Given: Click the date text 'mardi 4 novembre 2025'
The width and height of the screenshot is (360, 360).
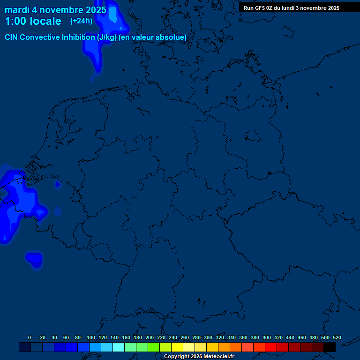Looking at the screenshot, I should click(55, 10).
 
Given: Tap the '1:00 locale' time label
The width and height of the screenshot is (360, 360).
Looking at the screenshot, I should click(33, 21).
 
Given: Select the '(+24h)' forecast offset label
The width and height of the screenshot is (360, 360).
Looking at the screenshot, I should click(81, 21).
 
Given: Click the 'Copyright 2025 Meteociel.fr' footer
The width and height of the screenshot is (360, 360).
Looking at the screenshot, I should click(199, 356).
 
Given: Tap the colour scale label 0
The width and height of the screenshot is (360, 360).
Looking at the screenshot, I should click(30, 337).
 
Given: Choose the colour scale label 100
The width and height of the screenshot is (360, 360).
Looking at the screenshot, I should click(91, 337).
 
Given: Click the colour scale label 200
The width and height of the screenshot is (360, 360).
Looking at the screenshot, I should click(150, 337).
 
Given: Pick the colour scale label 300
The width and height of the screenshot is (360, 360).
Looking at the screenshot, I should click(208, 337).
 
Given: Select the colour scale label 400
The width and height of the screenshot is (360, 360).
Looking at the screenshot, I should click(267, 337).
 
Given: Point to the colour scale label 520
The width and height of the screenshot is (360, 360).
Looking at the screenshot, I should click(337, 337).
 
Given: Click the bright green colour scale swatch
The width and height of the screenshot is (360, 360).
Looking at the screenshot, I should click(154, 347).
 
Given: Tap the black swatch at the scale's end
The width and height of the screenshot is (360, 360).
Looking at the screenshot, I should click(330, 347).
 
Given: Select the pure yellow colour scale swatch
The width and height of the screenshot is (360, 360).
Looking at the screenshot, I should click(177, 347).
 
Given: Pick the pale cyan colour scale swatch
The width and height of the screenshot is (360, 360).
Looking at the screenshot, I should click(119, 347).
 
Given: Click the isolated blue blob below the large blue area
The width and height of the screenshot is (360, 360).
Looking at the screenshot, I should click(34, 259).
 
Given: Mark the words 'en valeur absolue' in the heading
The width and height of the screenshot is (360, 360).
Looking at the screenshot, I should click(153, 37).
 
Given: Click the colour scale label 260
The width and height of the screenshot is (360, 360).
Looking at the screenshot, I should click(185, 337).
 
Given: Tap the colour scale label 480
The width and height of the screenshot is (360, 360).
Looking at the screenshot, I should click(314, 337).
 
